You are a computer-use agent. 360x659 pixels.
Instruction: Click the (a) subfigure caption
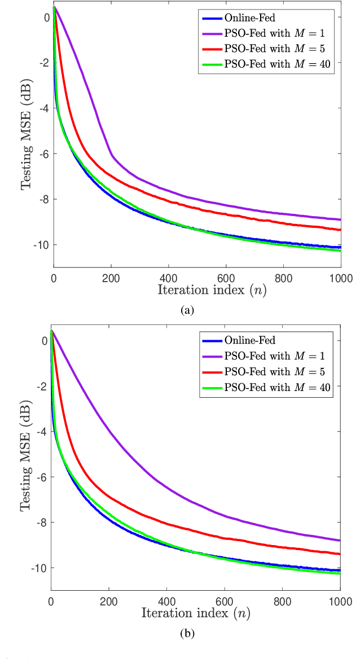187,310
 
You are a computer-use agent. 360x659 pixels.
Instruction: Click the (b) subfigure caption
187,634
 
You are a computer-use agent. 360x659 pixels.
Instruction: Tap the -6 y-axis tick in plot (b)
43,477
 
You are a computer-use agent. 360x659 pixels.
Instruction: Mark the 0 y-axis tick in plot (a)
47,17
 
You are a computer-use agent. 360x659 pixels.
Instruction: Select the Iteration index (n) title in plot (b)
196,613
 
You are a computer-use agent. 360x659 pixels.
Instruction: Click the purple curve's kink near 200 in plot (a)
112,154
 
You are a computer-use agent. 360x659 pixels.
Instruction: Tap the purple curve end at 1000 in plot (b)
340,541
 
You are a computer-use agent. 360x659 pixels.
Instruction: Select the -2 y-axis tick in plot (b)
43,386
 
